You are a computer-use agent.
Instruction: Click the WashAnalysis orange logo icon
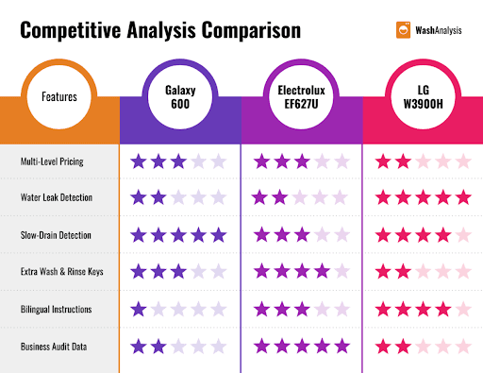pos(403,29)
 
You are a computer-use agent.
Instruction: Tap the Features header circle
pos(59,96)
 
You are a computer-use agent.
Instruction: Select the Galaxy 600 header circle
pos(179,96)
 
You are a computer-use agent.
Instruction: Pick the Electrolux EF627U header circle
pos(301,96)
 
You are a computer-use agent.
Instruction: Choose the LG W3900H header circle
pos(422,96)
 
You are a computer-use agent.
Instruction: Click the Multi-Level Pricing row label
pos(52,161)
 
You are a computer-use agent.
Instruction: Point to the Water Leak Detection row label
pos(54,197)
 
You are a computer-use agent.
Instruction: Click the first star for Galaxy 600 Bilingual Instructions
pos(138,309)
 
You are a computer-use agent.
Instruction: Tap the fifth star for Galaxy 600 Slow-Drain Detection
pos(219,234)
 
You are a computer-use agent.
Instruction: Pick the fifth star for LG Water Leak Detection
pos(462,197)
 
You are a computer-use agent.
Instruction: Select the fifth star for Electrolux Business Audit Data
pos(341,346)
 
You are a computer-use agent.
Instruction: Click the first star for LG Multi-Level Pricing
pos(383,161)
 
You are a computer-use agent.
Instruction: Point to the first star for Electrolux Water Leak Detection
pos(260,197)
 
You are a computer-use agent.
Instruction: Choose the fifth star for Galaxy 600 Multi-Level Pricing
pos(219,161)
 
